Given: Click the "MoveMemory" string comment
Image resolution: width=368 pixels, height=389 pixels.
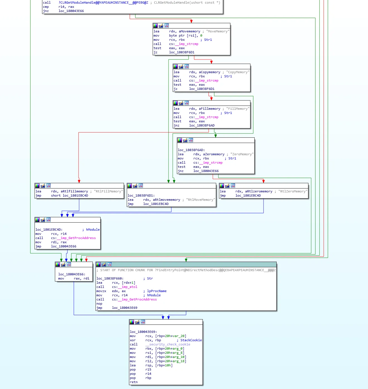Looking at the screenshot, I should [218, 31].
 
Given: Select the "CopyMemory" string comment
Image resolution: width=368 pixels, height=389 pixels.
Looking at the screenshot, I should [238, 72].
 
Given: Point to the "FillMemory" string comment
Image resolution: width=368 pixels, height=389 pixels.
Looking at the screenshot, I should [238, 109].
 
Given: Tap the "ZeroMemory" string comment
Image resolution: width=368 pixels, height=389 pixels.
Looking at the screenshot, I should [242, 154].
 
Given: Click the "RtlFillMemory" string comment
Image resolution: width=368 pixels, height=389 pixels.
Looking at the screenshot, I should [108, 191].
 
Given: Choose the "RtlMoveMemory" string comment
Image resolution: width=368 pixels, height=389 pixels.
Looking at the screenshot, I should [201, 200].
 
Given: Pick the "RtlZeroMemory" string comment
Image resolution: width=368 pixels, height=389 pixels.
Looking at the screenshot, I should [293, 191].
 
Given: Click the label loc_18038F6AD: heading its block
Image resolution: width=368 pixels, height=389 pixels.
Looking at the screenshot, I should [191, 150].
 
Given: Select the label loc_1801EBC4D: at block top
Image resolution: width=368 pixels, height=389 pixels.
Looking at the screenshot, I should [49, 230].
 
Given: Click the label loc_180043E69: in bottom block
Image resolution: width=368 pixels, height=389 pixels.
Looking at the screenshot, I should [143, 332].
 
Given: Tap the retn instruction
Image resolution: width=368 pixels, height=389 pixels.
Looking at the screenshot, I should [134, 382].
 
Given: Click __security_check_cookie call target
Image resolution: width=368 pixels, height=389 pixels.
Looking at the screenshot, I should [168, 344].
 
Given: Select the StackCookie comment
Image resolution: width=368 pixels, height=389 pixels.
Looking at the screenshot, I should [191, 340].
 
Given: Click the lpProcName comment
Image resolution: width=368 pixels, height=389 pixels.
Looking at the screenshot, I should [157, 291].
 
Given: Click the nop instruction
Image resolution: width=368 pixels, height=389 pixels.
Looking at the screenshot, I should [99, 304].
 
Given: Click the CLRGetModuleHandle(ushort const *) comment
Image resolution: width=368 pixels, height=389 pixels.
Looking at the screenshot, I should [187, 3].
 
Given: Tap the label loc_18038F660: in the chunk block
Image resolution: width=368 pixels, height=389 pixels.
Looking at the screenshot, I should [110, 278].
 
